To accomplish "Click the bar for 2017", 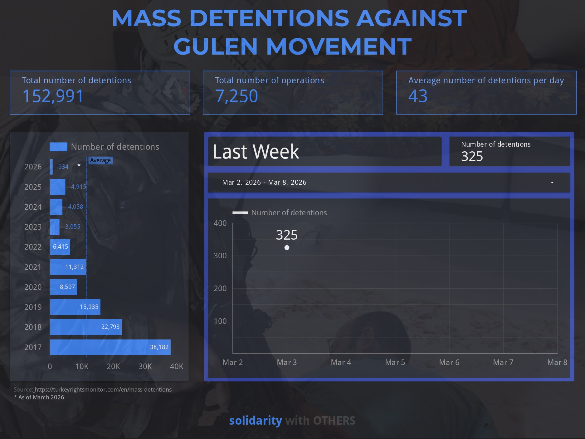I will (x=110, y=347).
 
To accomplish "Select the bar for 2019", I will (x=75, y=307).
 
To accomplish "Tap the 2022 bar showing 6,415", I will (x=60, y=247).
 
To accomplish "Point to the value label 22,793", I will (x=110, y=327).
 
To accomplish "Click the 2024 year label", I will (x=33, y=207).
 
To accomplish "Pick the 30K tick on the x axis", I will (x=145, y=366).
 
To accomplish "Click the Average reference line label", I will (x=100, y=160).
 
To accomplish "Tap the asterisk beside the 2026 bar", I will (x=79, y=165).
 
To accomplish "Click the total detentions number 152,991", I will (x=53, y=96).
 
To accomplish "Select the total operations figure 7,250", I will (x=236, y=96).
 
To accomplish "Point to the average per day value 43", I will (x=418, y=96).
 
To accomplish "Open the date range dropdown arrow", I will (x=552, y=183).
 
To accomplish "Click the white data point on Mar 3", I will (x=287, y=247).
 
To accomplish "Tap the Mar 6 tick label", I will (x=449, y=362).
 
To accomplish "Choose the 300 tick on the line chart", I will (x=220, y=256).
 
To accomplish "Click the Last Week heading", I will (x=256, y=152).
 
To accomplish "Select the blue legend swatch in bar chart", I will (x=58, y=147).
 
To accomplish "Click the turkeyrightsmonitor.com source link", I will (x=103, y=389).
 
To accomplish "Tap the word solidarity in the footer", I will (x=256, y=421).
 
